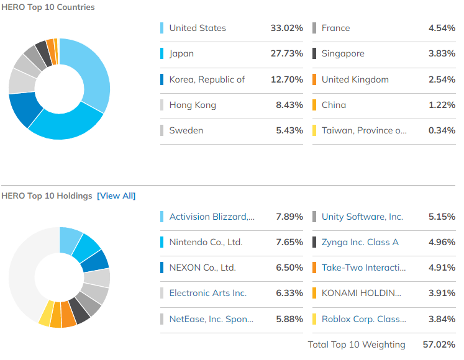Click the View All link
click(x=116, y=196)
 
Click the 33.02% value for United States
click(x=286, y=28)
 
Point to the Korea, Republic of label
click(x=207, y=79)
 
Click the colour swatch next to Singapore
click(x=314, y=53)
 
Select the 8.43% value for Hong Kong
click(x=289, y=105)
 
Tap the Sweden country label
click(x=186, y=130)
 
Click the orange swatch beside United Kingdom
click(x=314, y=79)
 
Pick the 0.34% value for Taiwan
click(x=442, y=130)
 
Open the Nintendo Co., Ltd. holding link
click(x=206, y=242)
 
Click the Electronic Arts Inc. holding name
click(x=207, y=293)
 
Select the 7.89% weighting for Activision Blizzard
click(x=289, y=217)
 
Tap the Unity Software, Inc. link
click(x=362, y=217)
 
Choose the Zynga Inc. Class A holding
click(x=360, y=242)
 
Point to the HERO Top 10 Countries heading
click(x=48, y=7)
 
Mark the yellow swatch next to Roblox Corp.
click(x=314, y=318)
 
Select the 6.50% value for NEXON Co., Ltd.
click(x=289, y=268)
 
